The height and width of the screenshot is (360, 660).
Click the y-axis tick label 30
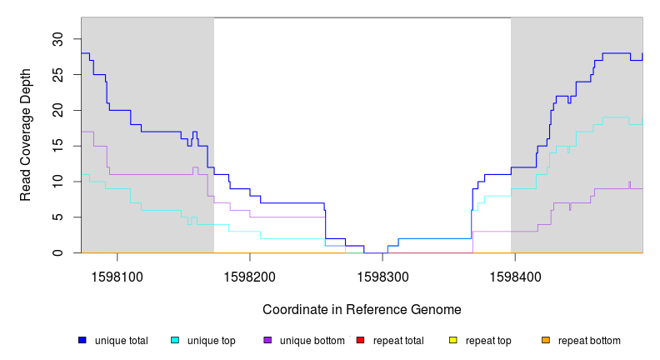point(58,39)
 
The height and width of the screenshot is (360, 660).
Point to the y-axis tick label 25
point(58,75)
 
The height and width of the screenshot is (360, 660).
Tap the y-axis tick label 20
point(58,111)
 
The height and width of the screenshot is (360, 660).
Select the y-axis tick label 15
point(58,146)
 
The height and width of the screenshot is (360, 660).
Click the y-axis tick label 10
point(58,182)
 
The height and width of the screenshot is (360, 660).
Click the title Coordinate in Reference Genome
point(362,309)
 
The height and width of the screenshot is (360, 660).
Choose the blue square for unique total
point(82,340)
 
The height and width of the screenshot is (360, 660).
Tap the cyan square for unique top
point(175,340)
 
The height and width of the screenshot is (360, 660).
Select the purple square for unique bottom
point(267,340)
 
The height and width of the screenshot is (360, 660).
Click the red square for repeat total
point(361,340)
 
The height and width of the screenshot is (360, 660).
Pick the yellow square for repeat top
point(453,340)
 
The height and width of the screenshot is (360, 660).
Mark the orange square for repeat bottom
point(546,340)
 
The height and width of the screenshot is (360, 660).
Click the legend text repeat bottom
point(589,341)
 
